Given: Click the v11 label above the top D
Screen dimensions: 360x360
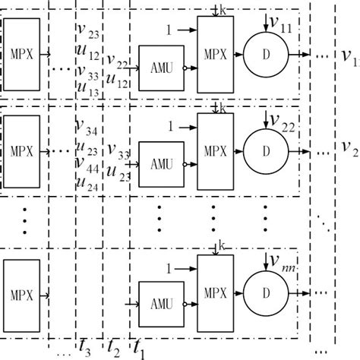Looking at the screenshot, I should coord(283,25).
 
